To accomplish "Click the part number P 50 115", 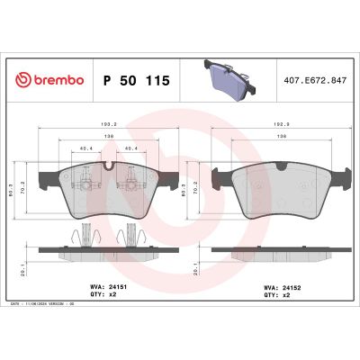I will point(137,80).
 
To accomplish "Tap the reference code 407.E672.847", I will point(316,80).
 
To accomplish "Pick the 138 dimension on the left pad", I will point(107,134).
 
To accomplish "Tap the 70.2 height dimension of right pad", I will point(194,192).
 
